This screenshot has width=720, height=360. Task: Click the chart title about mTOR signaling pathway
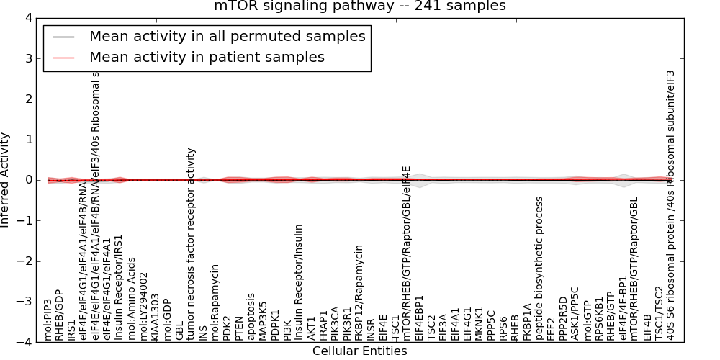(x=360, y=6)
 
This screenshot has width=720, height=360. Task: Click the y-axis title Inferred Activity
(x=6, y=180)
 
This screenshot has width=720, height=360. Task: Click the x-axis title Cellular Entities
(x=359, y=351)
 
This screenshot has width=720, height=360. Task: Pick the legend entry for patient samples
(x=207, y=57)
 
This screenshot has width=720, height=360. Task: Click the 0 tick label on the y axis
(x=29, y=180)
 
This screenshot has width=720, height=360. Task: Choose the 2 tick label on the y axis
(x=29, y=99)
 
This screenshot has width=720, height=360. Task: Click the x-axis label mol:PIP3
(x=48, y=320)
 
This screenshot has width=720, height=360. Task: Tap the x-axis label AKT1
(x=311, y=328)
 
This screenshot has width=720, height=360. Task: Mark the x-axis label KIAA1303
(x=156, y=317)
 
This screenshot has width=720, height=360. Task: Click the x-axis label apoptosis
(x=251, y=316)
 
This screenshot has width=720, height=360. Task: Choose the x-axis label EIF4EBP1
(x=419, y=317)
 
